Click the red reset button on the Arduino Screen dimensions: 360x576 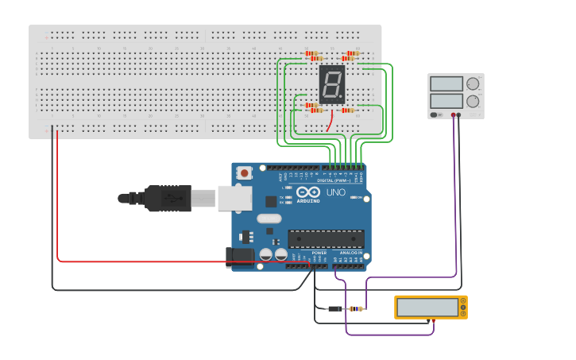pyautogui.click(x=245, y=172)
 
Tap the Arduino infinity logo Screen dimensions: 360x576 pyautogui.click(x=307, y=192)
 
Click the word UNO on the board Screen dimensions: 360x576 pyautogui.click(x=336, y=192)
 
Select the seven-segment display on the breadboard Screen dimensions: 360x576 pyautogui.click(x=332, y=84)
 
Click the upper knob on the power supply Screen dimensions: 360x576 pyautogui.click(x=473, y=83)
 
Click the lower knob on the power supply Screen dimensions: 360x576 pyautogui.click(x=473, y=101)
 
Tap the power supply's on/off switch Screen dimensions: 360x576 pyautogui.click(x=435, y=114)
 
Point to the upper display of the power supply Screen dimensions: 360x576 pyautogui.click(x=446, y=83)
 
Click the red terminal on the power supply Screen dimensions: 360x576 pyautogui.click(x=453, y=115)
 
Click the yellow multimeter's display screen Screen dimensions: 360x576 pyautogui.click(x=428, y=308)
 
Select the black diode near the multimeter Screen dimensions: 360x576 pyautogui.click(x=335, y=308)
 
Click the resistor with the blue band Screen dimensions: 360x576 pyautogui.click(x=356, y=308)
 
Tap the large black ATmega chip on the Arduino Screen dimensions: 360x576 pyautogui.click(x=326, y=238)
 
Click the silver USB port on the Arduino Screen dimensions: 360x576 pyautogui.click(x=234, y=198)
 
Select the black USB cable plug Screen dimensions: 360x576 pyautogui.click(x=167, y=198)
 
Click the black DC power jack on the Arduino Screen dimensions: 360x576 pyautogui.click(x=239, y=257)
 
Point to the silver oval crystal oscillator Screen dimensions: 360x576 pyautogui.click(x=269, y=219)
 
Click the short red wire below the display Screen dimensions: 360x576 pyautogui.click(x=329, y=121)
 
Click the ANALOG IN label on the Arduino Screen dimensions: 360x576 pyautogui.click(x=350, y=253)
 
